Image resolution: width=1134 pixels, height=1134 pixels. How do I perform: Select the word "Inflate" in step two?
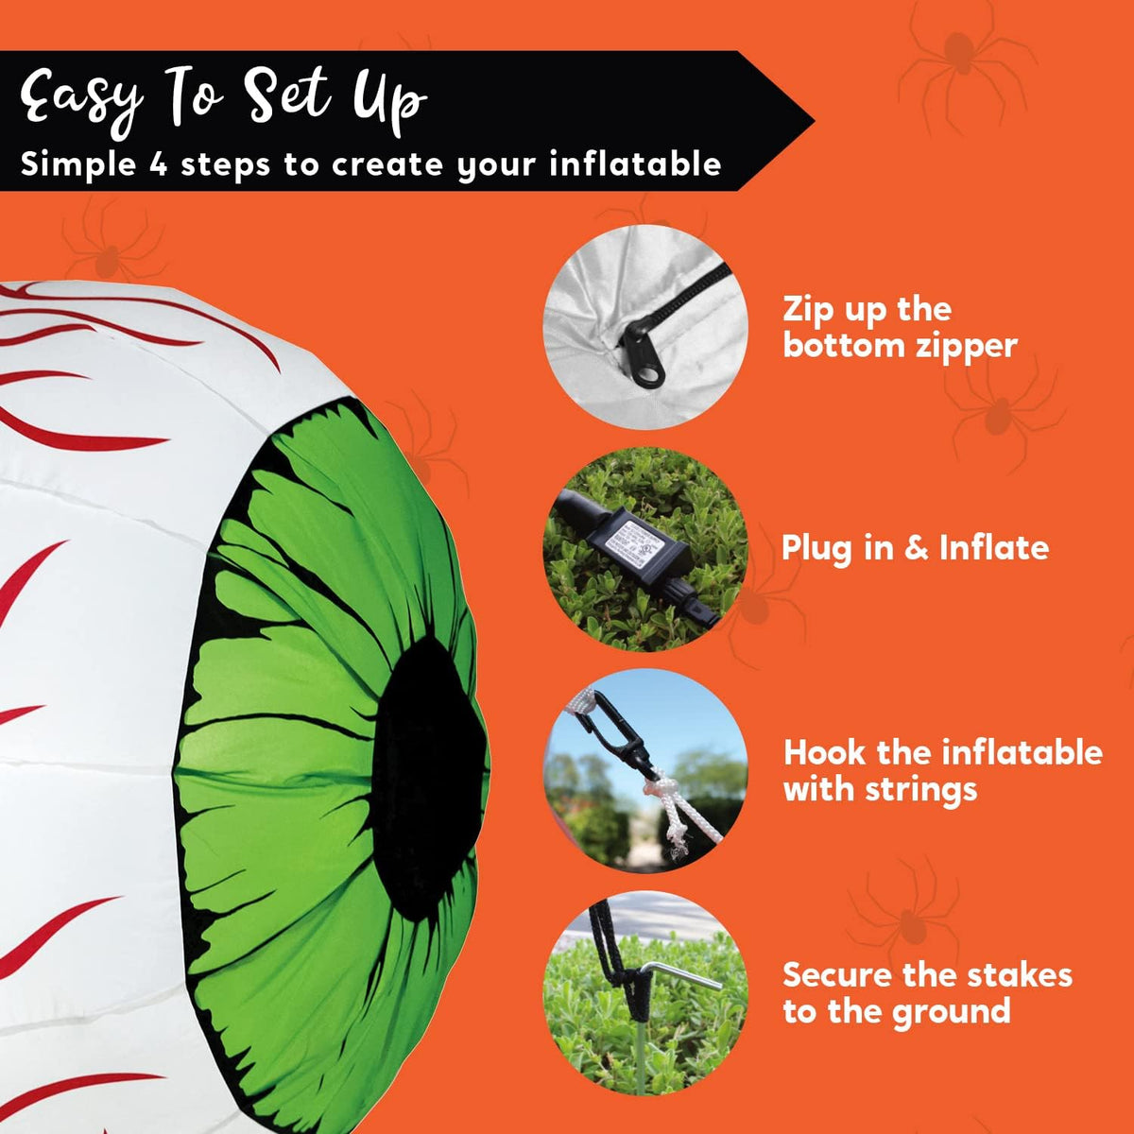coord(994,548)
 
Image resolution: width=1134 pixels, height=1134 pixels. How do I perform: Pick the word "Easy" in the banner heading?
coord(83,99)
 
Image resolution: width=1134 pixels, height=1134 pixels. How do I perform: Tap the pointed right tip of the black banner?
coord(814,121)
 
